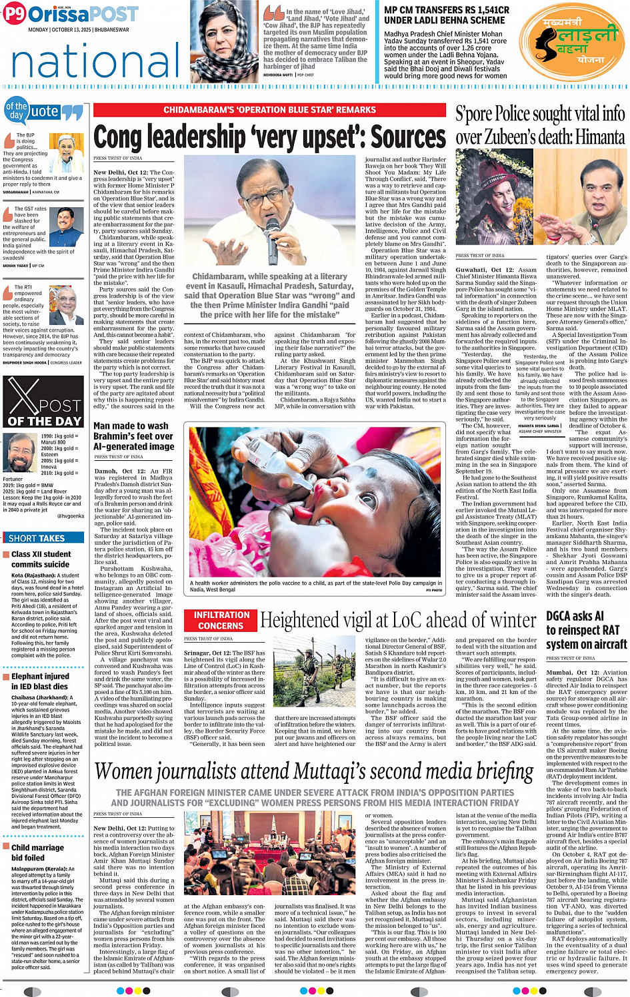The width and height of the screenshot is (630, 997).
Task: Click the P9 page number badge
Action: coord(15,14)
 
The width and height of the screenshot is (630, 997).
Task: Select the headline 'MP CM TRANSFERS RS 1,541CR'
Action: coord(447,15)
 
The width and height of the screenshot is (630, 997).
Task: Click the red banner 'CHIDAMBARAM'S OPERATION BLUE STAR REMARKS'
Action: coord(270,110)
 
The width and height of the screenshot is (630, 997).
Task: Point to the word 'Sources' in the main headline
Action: coord(408,137)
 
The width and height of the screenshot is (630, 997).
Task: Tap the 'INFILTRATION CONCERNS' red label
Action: coord(221,620)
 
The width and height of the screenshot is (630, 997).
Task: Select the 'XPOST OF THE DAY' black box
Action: coord(43,402)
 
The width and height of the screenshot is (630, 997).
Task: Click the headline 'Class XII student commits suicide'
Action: coord(41,559)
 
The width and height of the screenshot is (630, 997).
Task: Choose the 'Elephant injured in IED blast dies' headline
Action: coord(39,681)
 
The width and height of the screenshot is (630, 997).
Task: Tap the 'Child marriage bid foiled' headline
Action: coord(37,852)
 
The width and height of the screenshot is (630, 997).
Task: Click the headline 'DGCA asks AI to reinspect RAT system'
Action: coord(586,630)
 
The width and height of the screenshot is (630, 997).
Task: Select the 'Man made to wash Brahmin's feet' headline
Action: coord(133,436)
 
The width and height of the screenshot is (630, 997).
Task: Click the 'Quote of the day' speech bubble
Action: coord(44,112)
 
